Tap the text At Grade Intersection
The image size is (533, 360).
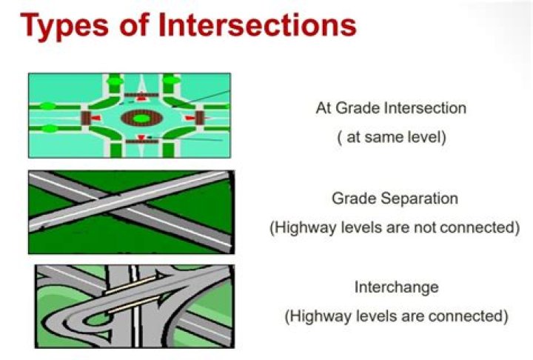(391, 107)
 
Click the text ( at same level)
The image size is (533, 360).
(391, 137)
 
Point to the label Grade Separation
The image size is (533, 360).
(395, 199)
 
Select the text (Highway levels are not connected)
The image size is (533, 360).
(394, 227)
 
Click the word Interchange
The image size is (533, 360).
(396, 287)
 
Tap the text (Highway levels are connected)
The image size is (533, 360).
(396, 316)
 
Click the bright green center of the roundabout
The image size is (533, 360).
(141, 118)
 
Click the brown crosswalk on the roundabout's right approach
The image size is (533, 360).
(199, 118)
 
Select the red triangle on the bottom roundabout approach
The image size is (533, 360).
(141, 139)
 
